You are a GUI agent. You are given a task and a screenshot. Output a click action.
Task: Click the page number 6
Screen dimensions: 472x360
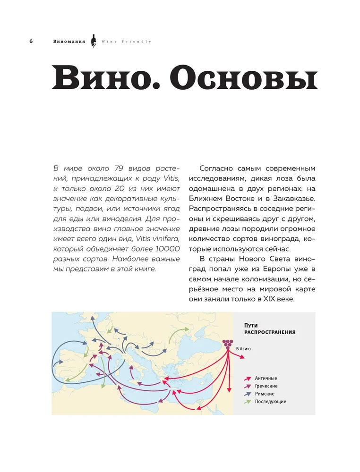point(31,42)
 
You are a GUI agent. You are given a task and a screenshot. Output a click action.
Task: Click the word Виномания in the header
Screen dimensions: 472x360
point(69,42)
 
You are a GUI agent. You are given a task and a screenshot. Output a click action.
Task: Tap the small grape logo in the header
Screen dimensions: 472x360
point(93,41)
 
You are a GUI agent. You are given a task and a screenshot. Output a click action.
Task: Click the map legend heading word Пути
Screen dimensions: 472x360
point(250,325)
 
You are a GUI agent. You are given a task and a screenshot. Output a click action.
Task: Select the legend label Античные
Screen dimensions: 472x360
point(266,379)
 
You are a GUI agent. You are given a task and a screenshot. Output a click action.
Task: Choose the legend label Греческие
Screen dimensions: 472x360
point(267,386)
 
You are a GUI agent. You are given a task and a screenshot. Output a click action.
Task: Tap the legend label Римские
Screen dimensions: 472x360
point(265,394)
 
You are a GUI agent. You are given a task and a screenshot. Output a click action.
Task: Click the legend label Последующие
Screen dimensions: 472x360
point(271,402)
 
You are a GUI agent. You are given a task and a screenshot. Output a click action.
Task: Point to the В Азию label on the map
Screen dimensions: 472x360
point(243,350)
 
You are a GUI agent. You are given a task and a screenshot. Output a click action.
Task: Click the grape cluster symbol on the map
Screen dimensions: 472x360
point(228,343)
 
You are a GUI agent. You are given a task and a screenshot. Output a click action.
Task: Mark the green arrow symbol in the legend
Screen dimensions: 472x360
point(247,402)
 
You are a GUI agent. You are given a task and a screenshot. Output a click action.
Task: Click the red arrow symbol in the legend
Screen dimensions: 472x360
point(247,379)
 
